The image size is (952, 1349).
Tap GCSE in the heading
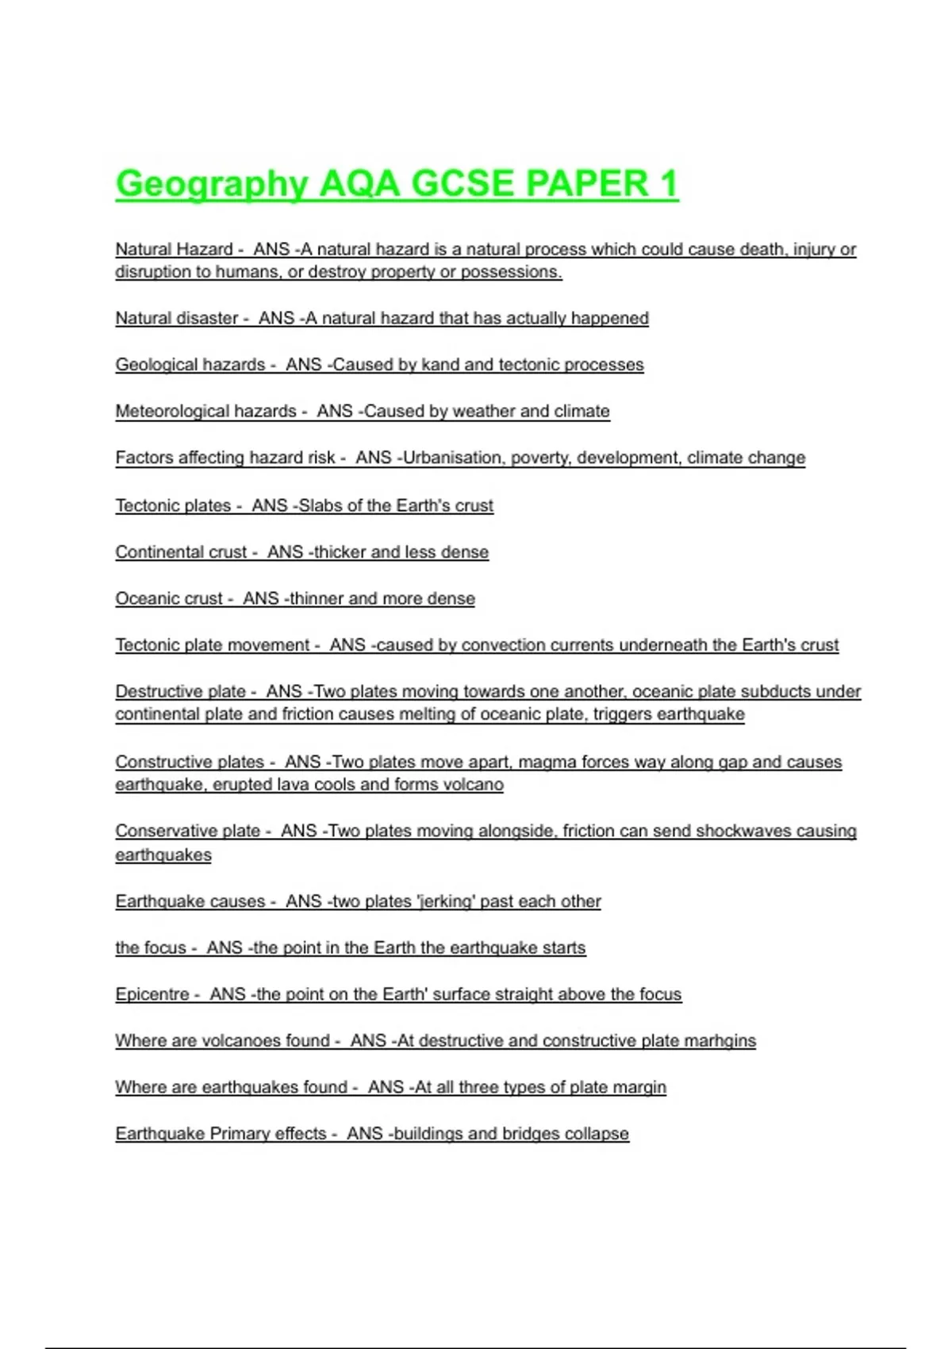462,184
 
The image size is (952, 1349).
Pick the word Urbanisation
452,458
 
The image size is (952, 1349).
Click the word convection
505,645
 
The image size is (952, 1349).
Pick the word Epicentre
152,994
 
